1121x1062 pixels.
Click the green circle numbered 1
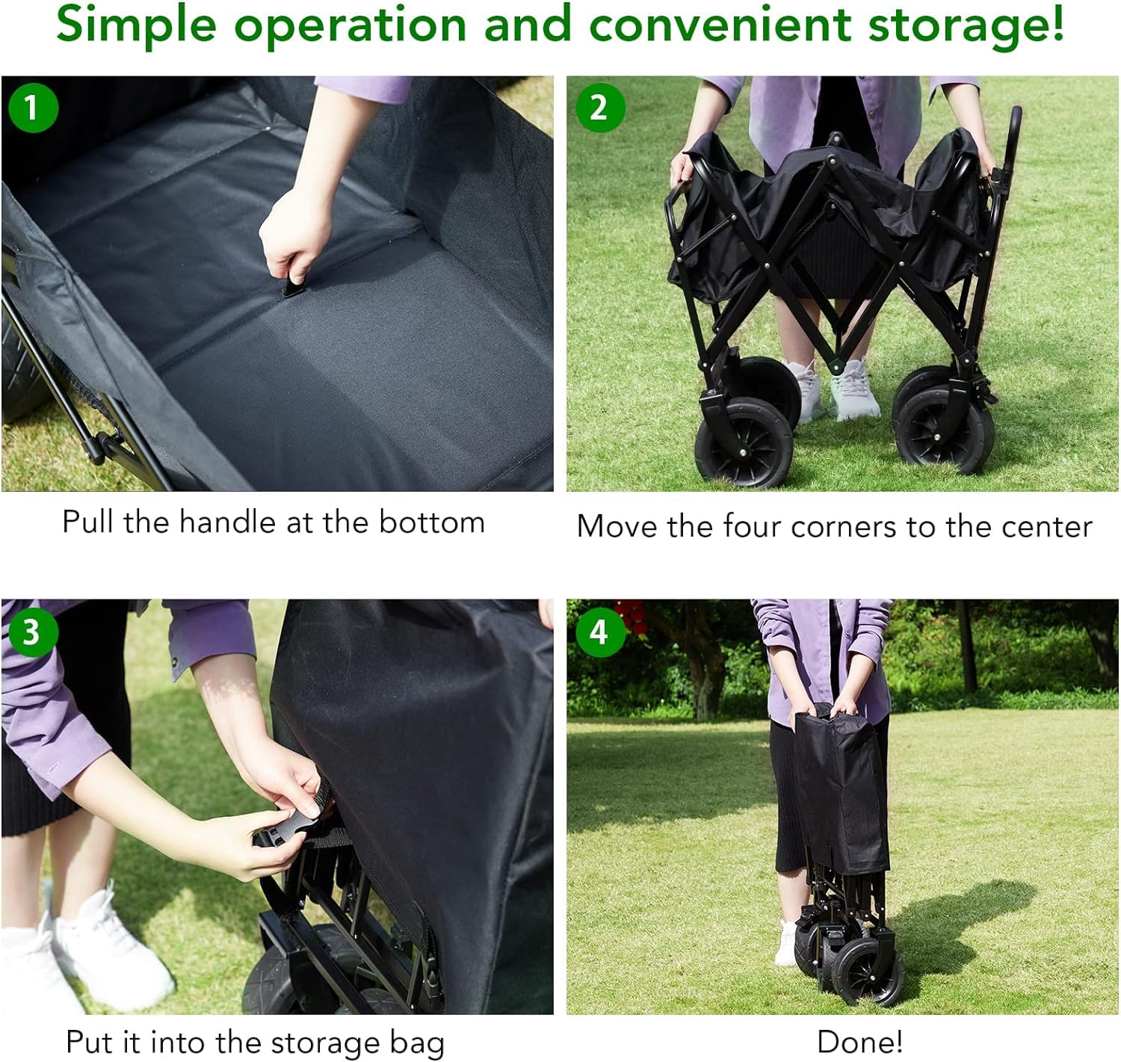tap(33, 108)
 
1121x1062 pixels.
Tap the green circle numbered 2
tap(600, 108)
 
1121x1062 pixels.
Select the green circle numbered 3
tap(33, 632)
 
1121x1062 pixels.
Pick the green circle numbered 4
tap(600, 632)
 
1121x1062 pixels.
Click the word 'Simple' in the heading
tap(136, 25)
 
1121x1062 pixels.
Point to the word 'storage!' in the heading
tap(966, 25)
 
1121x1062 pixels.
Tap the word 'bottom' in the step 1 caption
tap(432, 522)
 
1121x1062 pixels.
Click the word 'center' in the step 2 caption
tap(1047, 526)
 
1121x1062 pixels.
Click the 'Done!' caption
tap(860, 1042)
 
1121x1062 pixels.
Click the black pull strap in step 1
tap(293, 283)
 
